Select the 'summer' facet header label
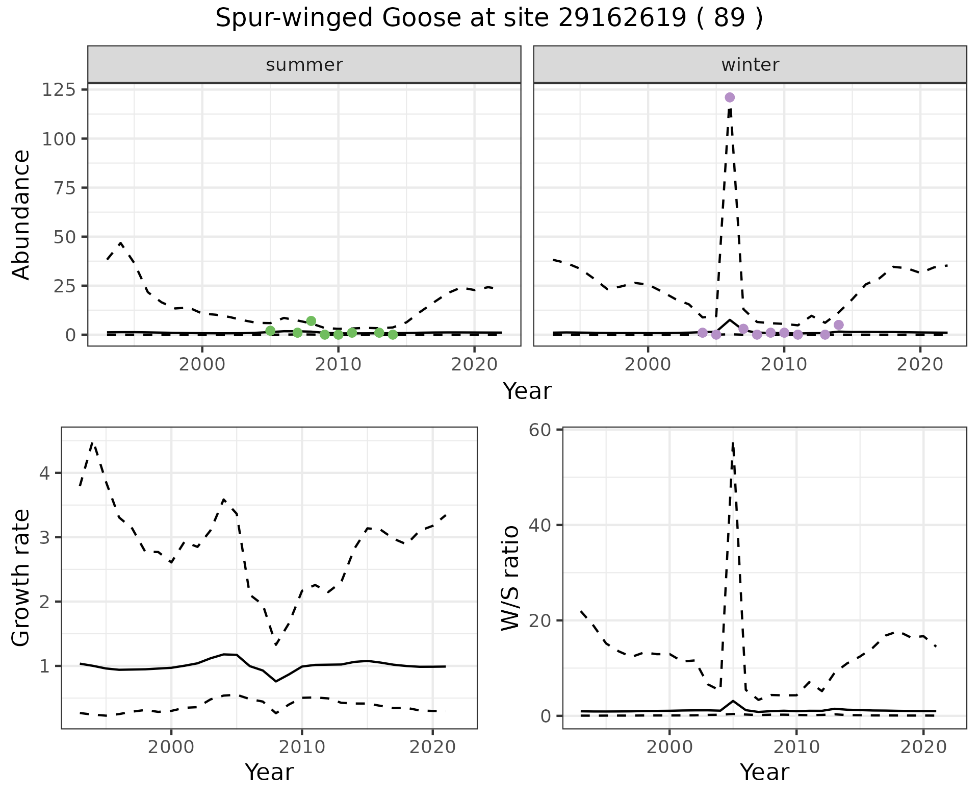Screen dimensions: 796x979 click(x=304, y=65)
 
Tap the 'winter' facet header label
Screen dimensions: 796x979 click(x=750, y=65)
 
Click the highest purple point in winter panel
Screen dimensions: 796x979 click(x=730, y=97)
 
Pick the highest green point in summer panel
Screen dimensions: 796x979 click(x=311, y=321)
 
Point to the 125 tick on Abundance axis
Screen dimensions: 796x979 click(x=58, y=90)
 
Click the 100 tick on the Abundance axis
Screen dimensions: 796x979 click(x=58, y=139)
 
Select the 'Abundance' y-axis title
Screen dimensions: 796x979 click(x=21, y=214)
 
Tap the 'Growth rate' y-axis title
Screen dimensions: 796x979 click(x=21, y=578)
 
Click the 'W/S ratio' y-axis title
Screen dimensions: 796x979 click(x=510, y=578)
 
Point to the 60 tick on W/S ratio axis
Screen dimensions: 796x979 click(x=541, y=430)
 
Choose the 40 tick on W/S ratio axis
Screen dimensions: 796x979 click(x=541, y=525)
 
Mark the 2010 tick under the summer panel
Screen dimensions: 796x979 click(x=338, y=365)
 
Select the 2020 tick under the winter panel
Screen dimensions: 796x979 click(x=920, y=365)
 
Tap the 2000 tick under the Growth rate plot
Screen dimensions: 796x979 click(x=171, y=748)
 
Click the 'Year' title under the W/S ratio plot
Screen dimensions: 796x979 click(x=764, y=772)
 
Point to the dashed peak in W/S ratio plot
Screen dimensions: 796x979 click(x=733, y=443)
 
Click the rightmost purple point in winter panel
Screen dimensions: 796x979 click(x=839, y=325)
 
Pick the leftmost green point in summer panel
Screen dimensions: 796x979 click(x=270, y=331)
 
